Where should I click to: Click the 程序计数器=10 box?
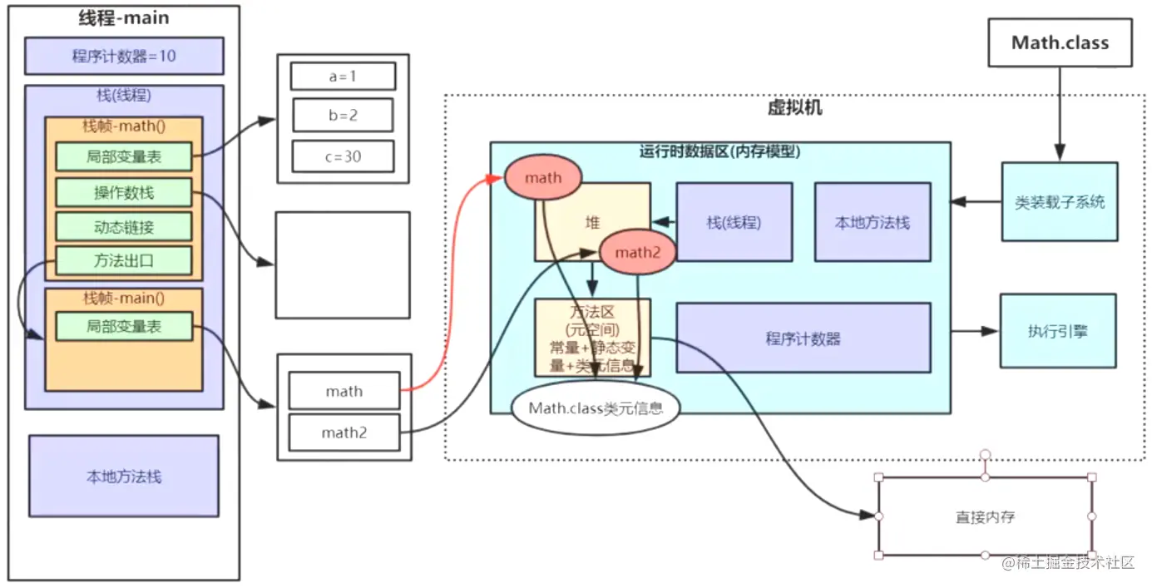click(124, 57)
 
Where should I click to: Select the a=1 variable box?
click(343, 77)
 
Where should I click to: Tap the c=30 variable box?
click(343, 156)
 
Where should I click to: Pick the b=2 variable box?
click(343, 116)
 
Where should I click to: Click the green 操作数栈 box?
click(124, 193)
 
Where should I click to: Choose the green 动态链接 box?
click(124, 226)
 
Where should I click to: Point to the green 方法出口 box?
click(124, 260)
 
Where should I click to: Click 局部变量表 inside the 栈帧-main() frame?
click(124, 327)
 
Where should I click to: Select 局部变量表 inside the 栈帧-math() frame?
click(124, 156)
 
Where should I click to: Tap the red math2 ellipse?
click(637, 253)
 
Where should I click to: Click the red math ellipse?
click(543, 177)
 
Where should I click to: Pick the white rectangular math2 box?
click(344, 432)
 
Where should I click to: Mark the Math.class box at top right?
click(1060, 42)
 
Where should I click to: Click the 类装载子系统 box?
click(1059, 201)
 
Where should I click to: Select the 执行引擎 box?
click(1057, 331)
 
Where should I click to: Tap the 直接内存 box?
click(985, 516)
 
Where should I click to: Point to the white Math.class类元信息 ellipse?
click(596, 408)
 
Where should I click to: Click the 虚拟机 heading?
click(794, 108)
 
